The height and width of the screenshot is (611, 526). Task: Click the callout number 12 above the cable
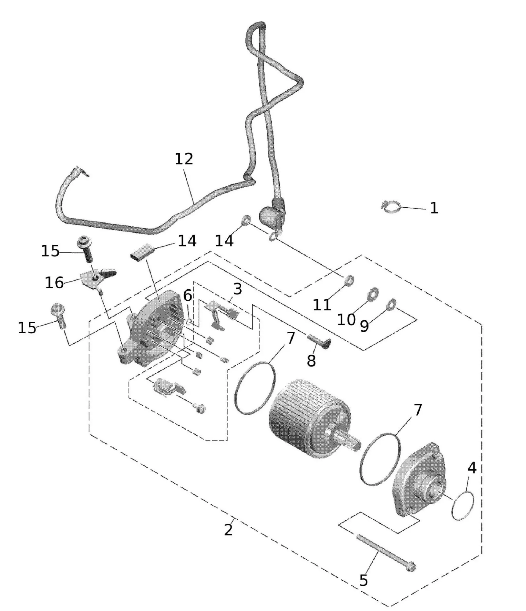point(184,159)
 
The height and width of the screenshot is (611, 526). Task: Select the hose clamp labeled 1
point(391,207)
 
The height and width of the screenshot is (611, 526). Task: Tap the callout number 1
point(434,208)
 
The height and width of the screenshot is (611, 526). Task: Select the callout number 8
point(311,361)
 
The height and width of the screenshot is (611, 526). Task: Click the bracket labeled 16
point(94,278)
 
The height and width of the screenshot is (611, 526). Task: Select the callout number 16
point(54,283)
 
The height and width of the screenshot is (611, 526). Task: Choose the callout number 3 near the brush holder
point(237,289)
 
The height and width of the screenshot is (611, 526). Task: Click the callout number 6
point(188,296)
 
